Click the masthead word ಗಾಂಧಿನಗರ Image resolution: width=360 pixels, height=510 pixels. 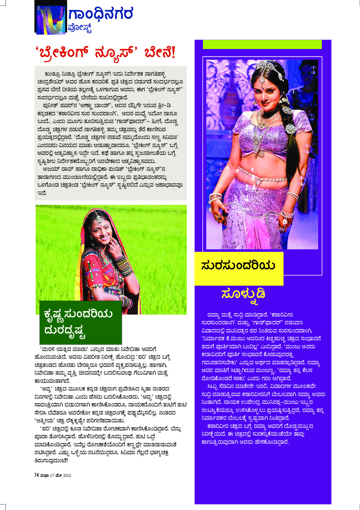click(x=101, y=14)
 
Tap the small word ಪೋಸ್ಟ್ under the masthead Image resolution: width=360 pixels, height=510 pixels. click(x=80, y=29)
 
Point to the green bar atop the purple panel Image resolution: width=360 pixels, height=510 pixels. click(x=262, y=44)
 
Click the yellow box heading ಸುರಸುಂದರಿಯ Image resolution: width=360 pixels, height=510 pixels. click(x=238, y=266)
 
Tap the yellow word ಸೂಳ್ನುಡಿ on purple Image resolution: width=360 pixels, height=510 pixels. click(x=243, y=294)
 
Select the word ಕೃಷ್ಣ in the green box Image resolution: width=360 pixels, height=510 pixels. click(x=53, y=314)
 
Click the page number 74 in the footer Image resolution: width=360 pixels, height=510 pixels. click(x=37, y=475)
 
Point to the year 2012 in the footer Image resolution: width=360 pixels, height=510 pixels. click(x=67, y=476)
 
